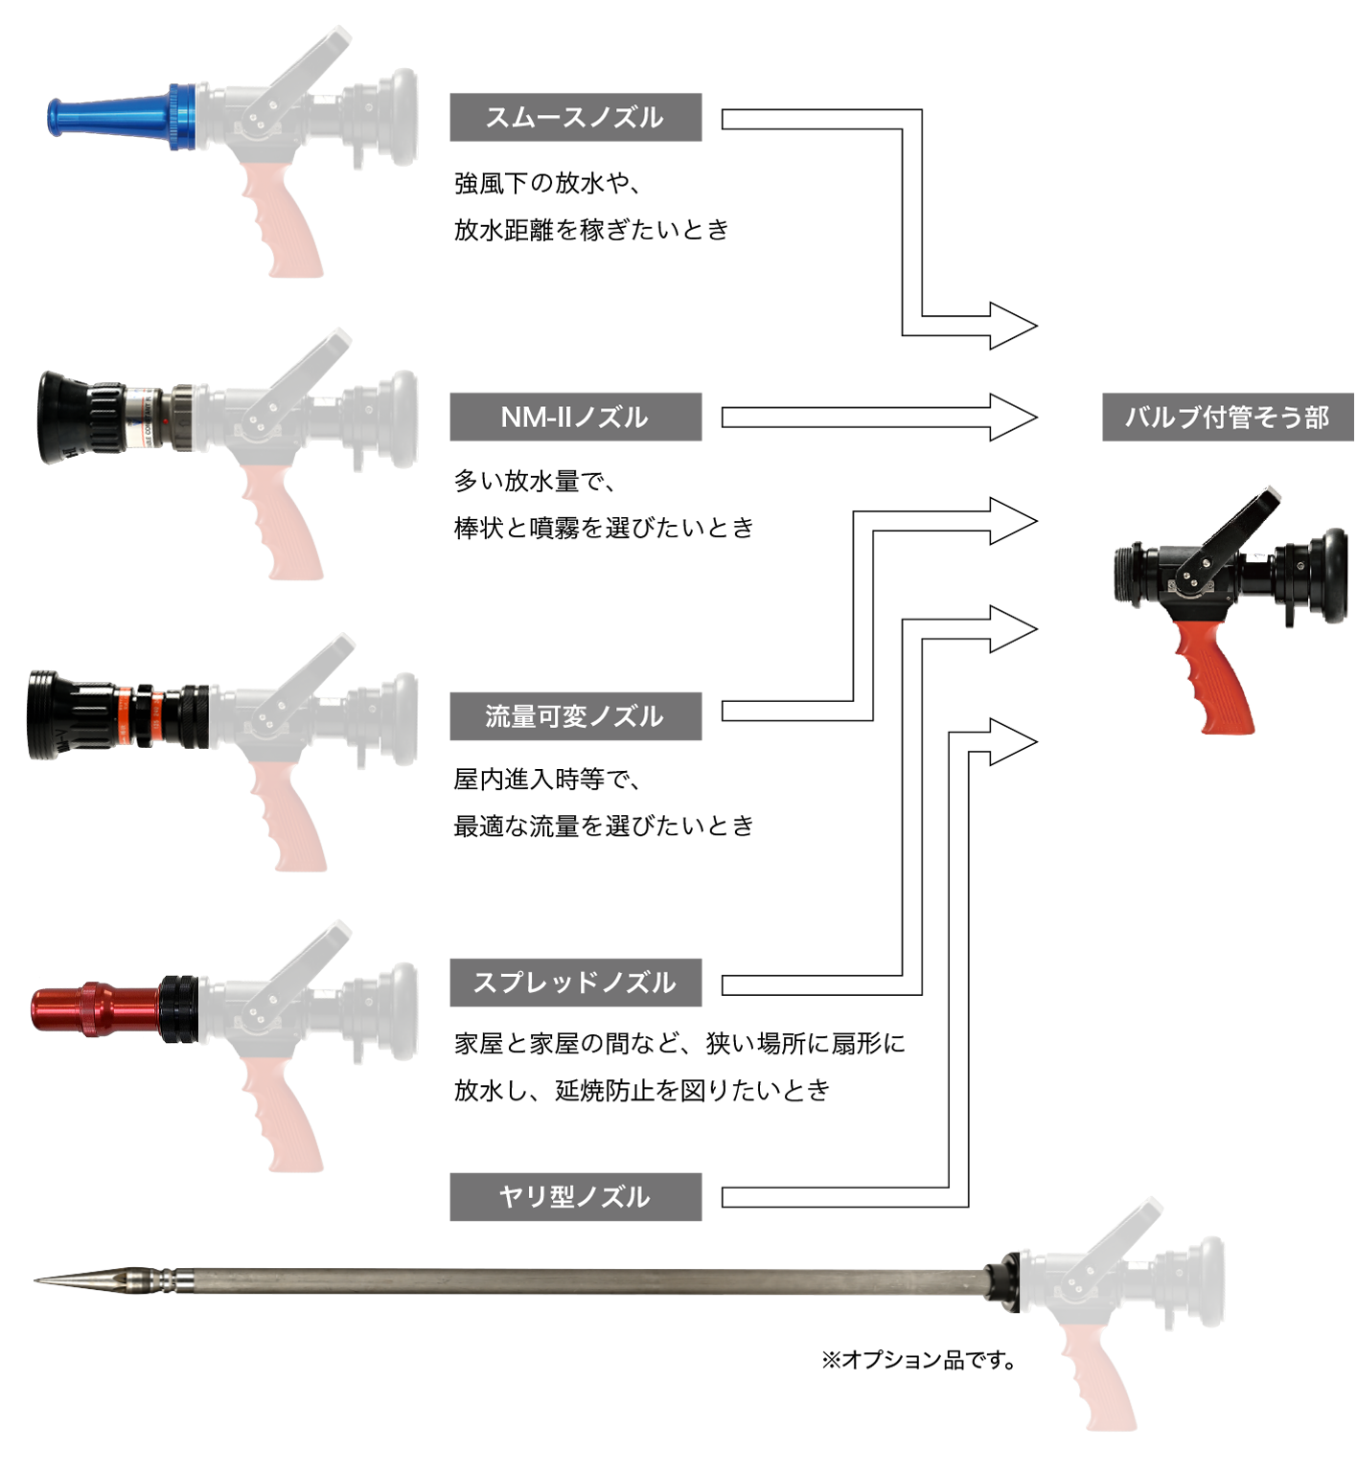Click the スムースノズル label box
tap(575, 117)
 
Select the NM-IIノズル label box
tap(575, 417)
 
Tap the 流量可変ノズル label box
tap(575, 715)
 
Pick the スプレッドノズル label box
tap(575, 982)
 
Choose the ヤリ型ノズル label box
tap(575, 1196)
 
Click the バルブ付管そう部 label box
tap(1228, 417)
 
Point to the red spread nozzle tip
tap(94, 1008)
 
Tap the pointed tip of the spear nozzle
tap(36, 1279)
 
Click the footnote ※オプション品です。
tap(918, 1359)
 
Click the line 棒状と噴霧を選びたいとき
tap(604, 527)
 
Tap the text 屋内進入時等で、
tap(547, 779)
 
